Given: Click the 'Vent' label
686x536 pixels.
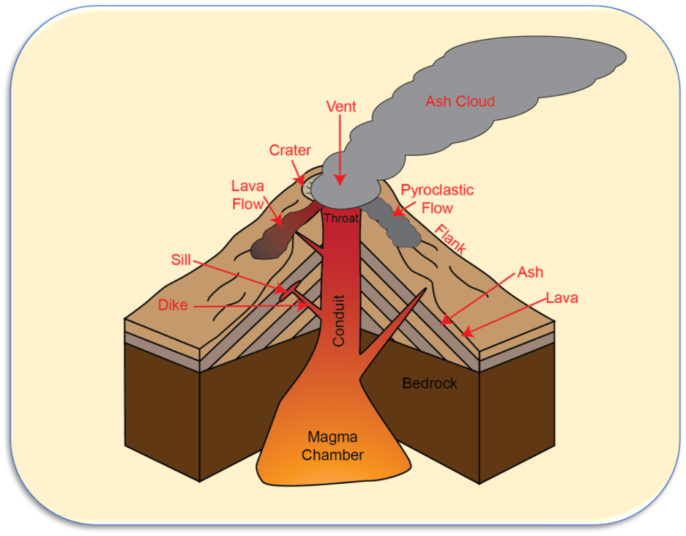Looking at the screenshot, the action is pos(341,107).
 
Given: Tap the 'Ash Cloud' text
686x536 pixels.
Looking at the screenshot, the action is pos(460,101).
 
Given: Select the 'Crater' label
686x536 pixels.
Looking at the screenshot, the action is pos(289,150).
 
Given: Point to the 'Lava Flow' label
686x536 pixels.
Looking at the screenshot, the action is pos(248,195).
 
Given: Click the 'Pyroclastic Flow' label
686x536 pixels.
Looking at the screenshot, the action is pos(437,199).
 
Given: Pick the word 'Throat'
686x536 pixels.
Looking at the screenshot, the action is pos(341,218).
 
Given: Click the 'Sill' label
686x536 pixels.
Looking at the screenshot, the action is pos(181,260).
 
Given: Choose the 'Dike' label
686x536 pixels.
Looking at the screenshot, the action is pos(173,305).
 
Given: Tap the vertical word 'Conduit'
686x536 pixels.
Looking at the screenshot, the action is pos(339,321).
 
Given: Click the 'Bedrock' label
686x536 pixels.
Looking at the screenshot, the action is pos(429,384).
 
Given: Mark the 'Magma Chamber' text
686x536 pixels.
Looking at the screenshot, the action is pos(332,445).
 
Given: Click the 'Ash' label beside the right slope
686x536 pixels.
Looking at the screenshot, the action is pos(531,272).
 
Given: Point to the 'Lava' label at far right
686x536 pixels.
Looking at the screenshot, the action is pos(562,298).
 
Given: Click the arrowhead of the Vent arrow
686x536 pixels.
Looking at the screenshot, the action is pos(340,180).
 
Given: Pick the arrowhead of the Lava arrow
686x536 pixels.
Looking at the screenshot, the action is pos(468,333).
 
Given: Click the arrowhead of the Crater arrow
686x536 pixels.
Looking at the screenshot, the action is pos(301,180).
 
